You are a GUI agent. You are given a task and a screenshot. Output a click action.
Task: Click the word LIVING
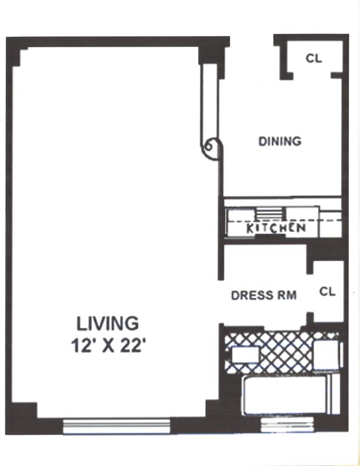[107, 323]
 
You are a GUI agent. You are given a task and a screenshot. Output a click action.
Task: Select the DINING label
[280, 141]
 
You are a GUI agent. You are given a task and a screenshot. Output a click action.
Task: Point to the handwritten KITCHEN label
[276, 228]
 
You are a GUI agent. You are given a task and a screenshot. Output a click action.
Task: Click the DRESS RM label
[263, 295]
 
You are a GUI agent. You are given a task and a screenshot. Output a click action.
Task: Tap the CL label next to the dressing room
[327, 291]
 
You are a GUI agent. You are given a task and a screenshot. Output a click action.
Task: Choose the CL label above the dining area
[314, 58]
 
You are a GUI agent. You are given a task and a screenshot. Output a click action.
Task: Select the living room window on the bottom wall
[117, 426]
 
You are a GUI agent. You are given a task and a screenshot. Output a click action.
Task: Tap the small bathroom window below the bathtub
[287, 424]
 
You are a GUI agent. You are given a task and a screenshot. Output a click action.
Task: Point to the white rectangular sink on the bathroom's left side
[245, 354]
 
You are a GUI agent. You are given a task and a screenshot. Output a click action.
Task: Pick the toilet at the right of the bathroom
[328, 355]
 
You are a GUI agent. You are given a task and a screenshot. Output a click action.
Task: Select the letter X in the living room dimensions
[108, 346]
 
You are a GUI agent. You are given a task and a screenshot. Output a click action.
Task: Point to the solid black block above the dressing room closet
[325, 251]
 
